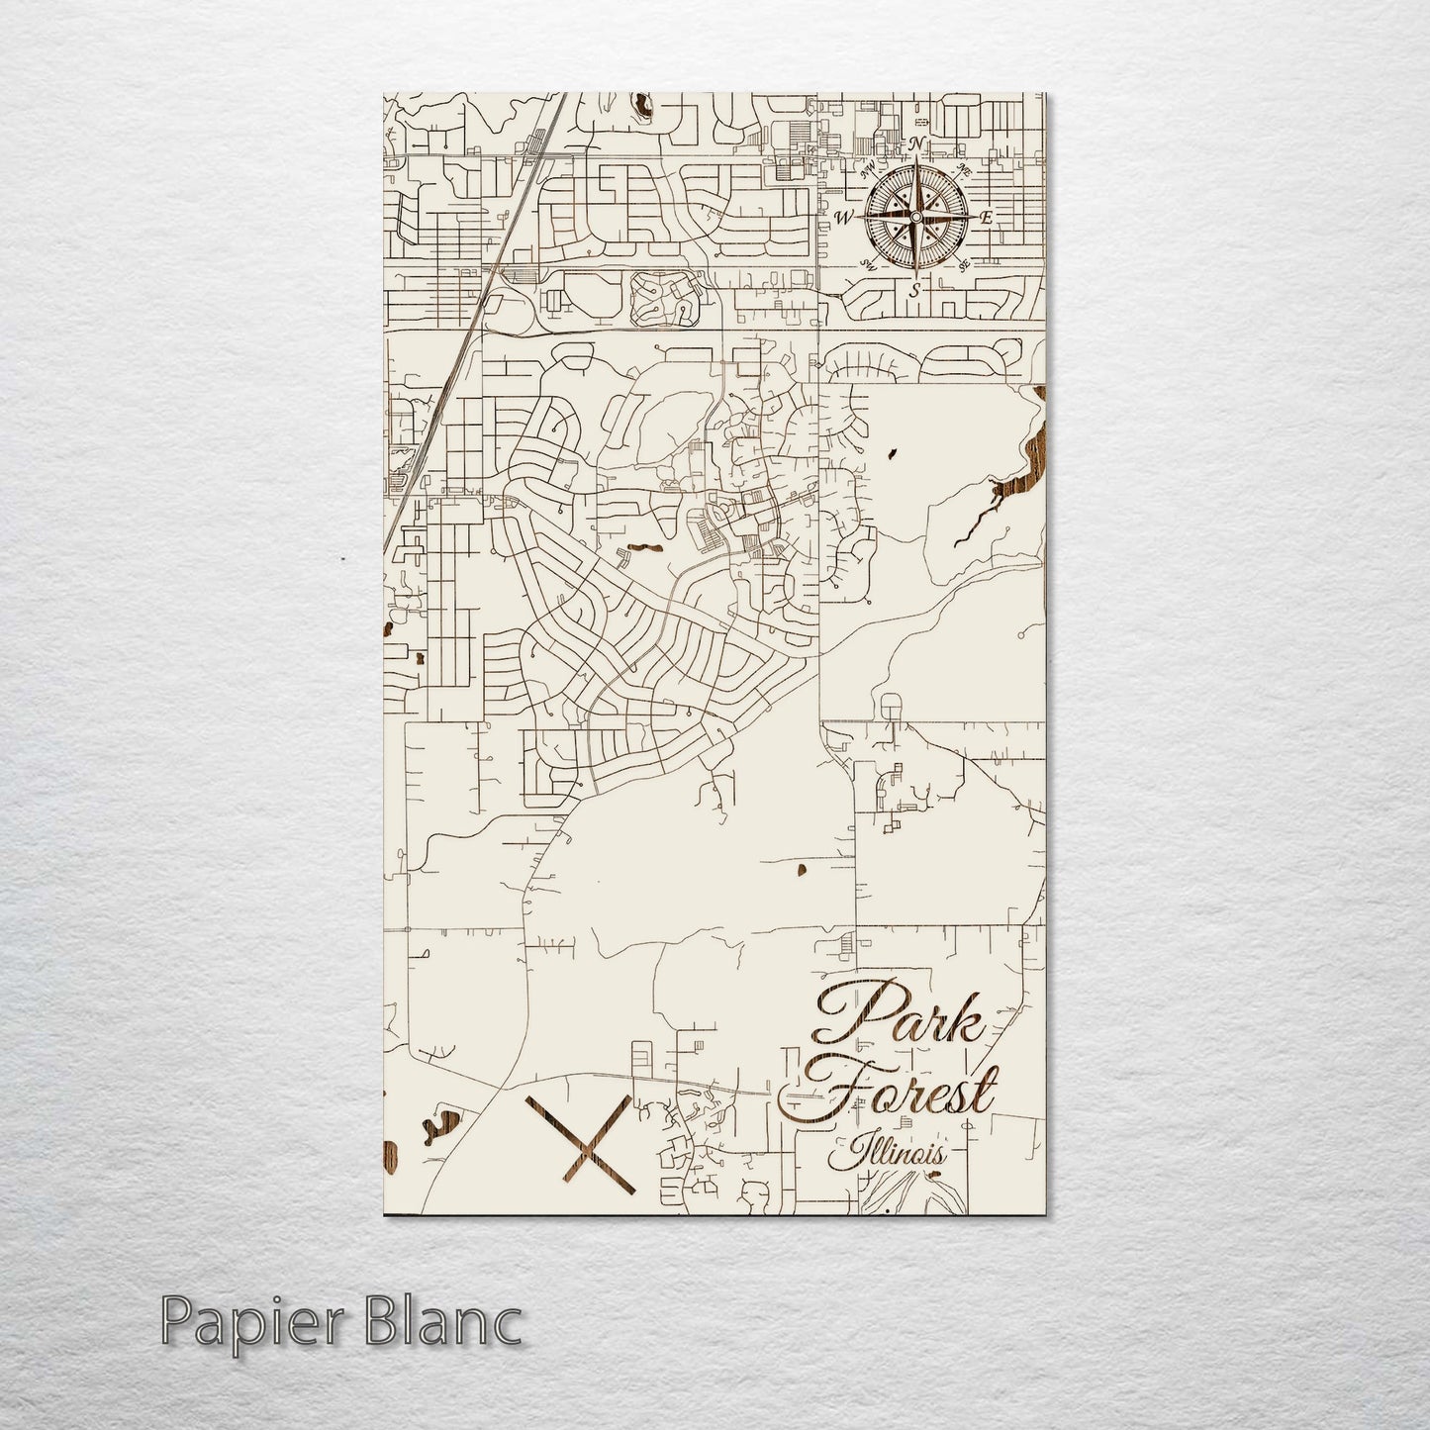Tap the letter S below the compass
click(x=915, y=289)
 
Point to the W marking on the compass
click(x=844, y=217)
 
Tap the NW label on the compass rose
click(x=869, y=167)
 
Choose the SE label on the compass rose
click(x=964, y=264)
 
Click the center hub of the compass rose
click(x=915, y=217)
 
